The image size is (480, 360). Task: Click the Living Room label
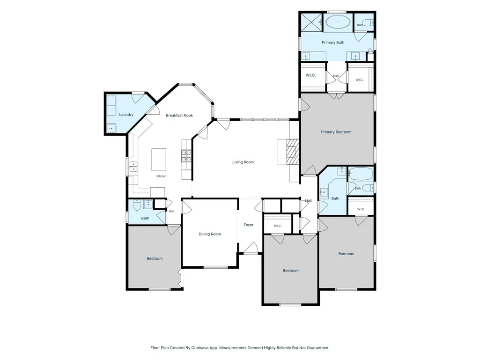click(x=243, y=162)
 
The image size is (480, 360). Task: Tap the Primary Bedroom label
click(x=336, y=132)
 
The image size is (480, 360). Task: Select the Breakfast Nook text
click(x=179, y=116)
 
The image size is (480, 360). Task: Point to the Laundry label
click(x=126, y=115)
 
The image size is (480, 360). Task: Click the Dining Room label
click(x=210, y=234)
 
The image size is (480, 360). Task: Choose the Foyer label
click(x=249, y=225)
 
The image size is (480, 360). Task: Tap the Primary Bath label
click(x=333, y=43)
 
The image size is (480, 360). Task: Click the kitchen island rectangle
click(x=159, y=160)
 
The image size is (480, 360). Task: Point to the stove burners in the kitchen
click(x=186, y=156)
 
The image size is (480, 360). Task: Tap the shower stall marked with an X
click(x=311, y=22)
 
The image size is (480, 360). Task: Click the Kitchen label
click(x=161, y=176)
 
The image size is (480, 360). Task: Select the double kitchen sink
click(x=133, y=167)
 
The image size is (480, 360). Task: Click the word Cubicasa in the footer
click(x=200, y=348)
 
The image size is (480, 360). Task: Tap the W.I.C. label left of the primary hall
click(x=311, y=75)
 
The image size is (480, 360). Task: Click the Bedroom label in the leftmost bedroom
click(x=155, y=258)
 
